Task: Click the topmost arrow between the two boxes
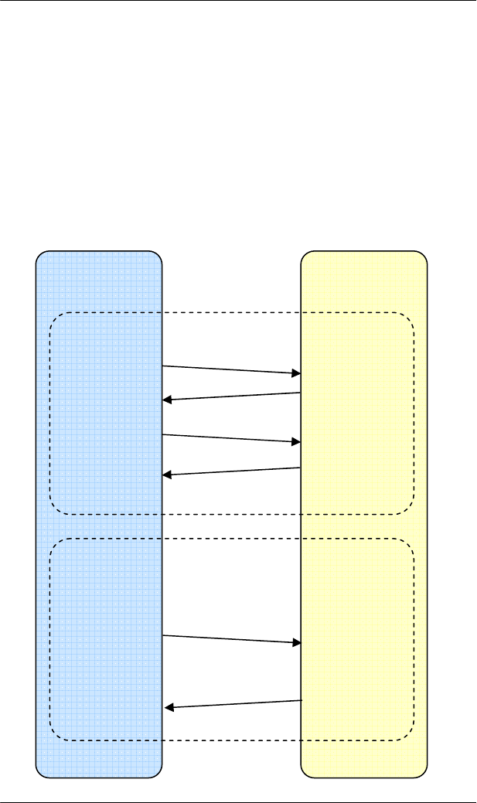231,369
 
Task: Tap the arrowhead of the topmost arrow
296,373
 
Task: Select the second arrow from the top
231,396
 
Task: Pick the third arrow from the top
231,438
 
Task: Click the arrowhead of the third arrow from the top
296,442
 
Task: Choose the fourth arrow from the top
231,471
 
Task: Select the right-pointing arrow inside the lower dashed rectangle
231,639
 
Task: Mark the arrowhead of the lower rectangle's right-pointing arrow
296,642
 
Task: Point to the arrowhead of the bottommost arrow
171,706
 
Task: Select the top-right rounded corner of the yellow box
422,256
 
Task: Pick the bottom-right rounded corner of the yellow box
422,771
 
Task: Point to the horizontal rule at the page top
238,1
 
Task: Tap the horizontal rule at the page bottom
238,801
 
